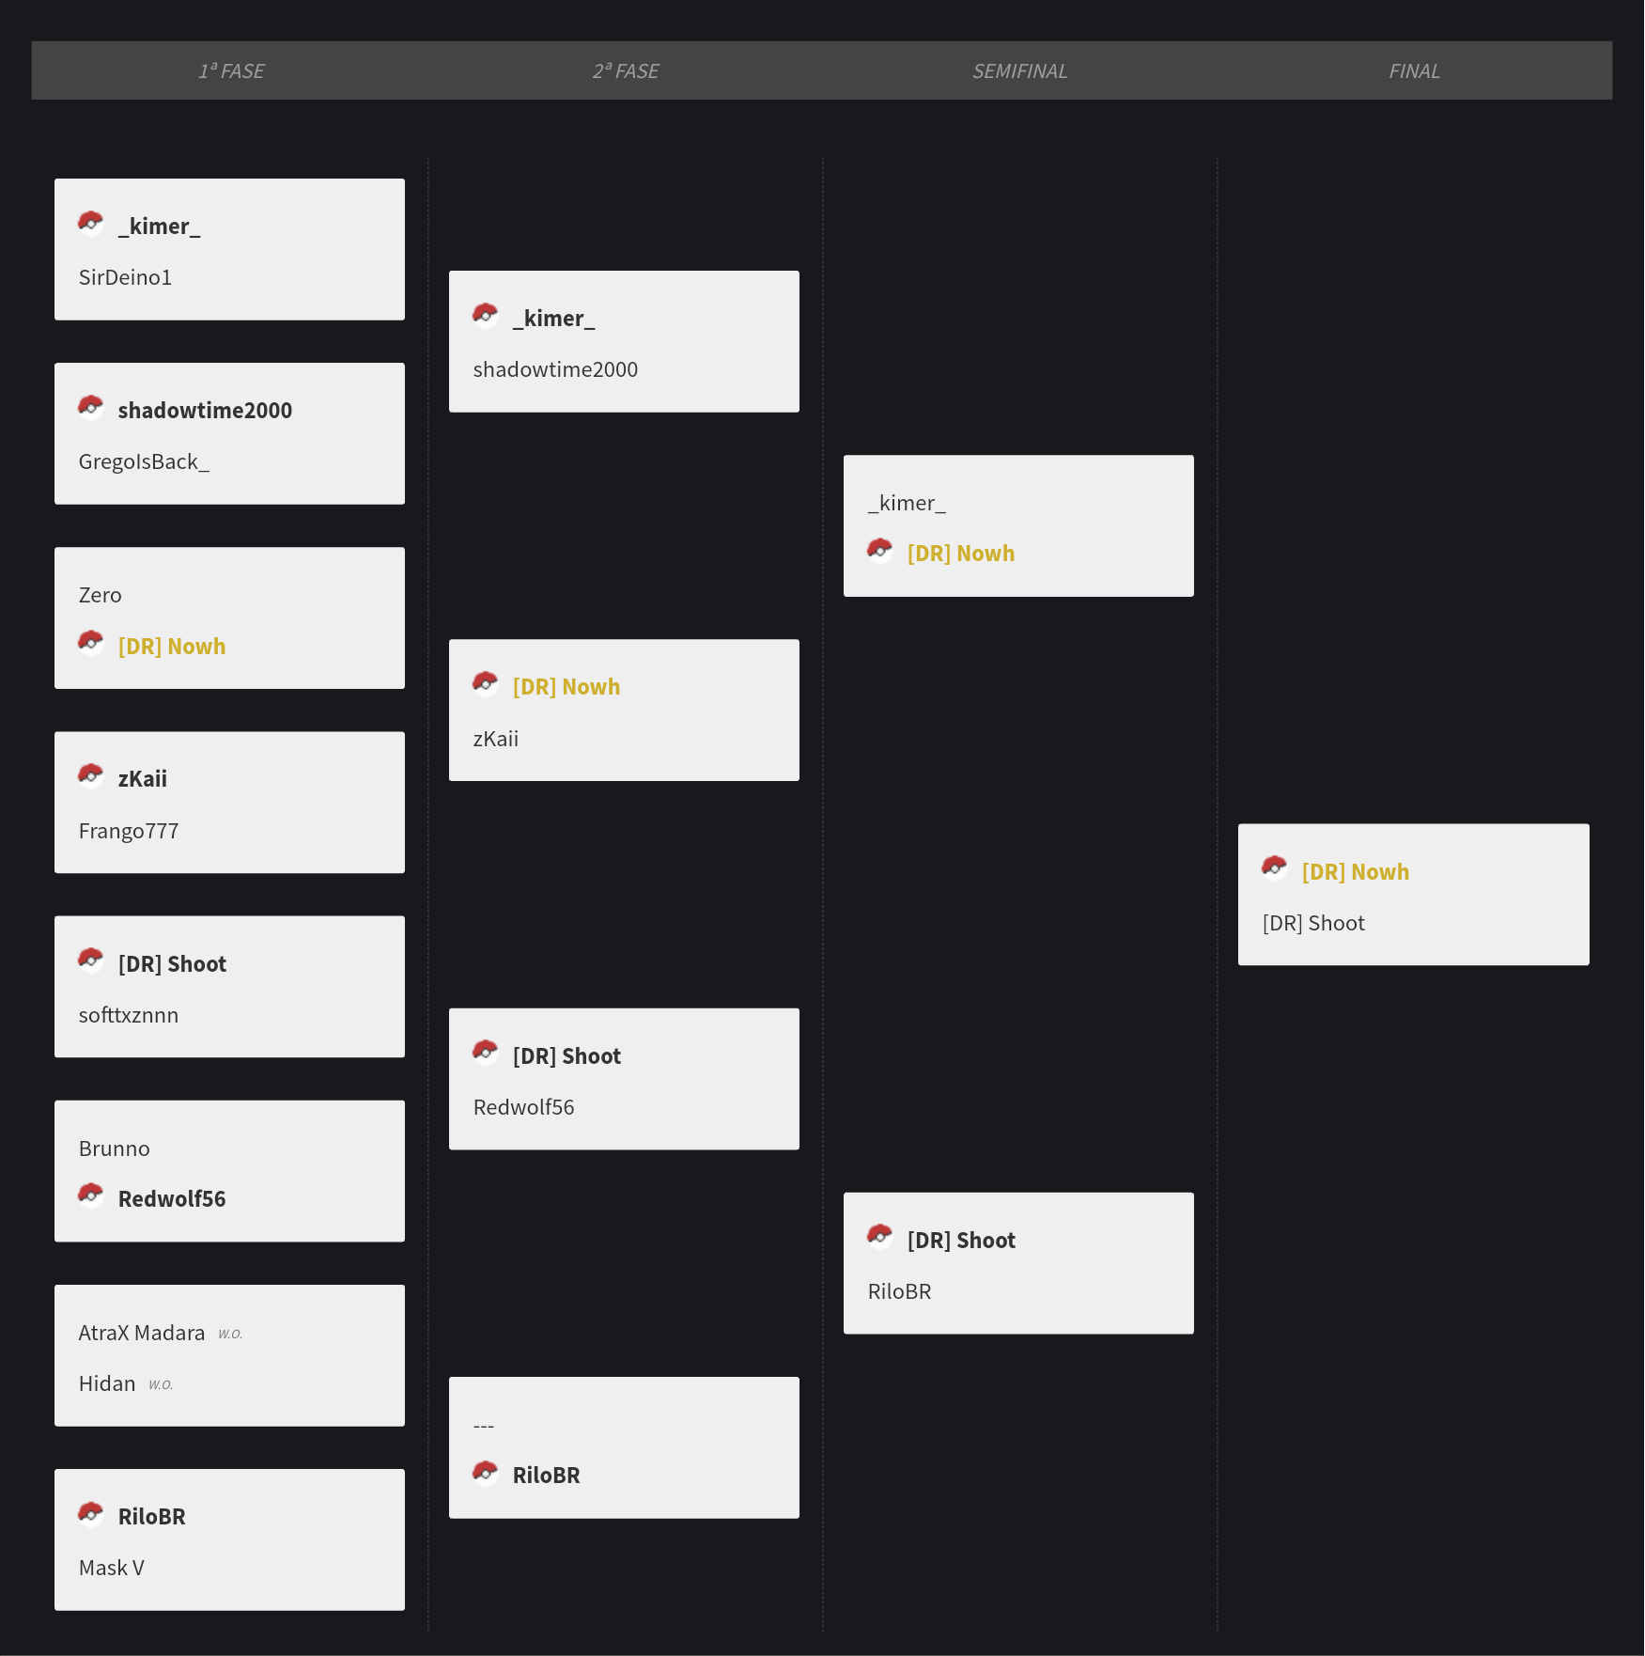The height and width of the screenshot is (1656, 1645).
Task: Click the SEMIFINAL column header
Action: [x=1019, y=71]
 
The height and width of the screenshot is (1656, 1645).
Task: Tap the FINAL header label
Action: [x=1414, y=71]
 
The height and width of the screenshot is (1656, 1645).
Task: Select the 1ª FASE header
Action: [x=231, y=71]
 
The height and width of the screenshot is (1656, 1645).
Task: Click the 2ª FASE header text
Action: [x=626, y=71]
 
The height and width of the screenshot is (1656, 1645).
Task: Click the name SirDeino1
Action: [x=125, y=277]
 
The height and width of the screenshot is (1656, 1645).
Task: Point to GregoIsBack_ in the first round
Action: [x=144, y=461]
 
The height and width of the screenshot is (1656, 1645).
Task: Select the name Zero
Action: [x=101, y=595]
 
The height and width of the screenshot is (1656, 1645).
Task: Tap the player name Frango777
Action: [x=129, y=831]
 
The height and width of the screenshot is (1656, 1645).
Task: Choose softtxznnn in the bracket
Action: [x=129, y=1015]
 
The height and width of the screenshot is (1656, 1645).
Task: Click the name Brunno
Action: [x=115, y=1148]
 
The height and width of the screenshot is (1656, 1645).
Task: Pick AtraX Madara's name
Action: [x=142, y=1333]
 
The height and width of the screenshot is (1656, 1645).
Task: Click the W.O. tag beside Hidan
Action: [x=161, y=1384]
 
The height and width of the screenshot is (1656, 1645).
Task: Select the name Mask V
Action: [x=112, y=1568]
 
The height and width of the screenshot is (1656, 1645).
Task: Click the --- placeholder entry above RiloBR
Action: [x=484, y=1426]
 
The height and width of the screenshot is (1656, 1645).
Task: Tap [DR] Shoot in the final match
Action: [x=1313, y=923]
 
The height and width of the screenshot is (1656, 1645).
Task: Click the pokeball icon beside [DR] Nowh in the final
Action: [x=1274, y=867]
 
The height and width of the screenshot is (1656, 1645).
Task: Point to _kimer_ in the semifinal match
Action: [x=907, y=503]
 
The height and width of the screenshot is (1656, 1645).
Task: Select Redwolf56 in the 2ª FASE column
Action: [x=523, y=1107]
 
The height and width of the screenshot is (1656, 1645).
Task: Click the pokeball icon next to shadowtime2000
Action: [x=90, y=406]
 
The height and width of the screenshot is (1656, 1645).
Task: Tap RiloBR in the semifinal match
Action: [x=899, y=1291]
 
